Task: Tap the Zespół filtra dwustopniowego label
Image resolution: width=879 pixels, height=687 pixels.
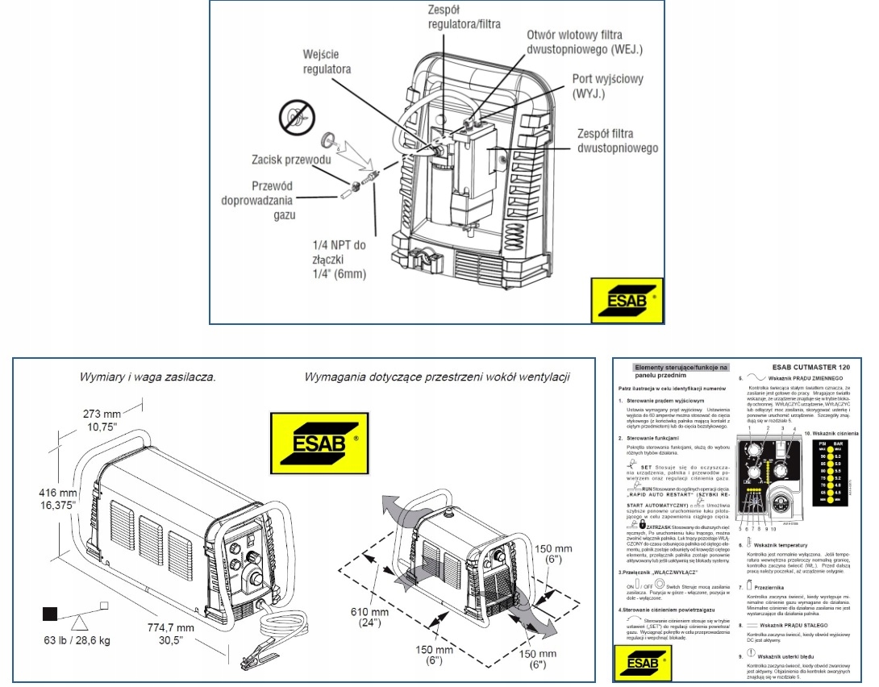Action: (x=616, y=140)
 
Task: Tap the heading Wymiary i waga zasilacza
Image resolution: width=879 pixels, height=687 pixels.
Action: (x=148, y=377)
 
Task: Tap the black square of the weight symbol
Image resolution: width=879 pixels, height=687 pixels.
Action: (x=49, y=614)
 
